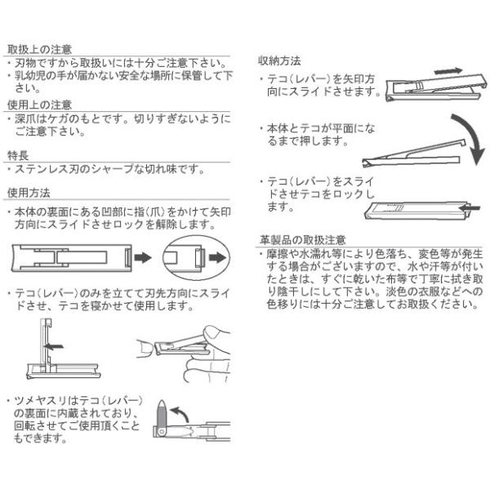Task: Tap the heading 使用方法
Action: point(29,194)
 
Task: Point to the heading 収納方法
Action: point(280,61)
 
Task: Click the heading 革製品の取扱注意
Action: point(301,241)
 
